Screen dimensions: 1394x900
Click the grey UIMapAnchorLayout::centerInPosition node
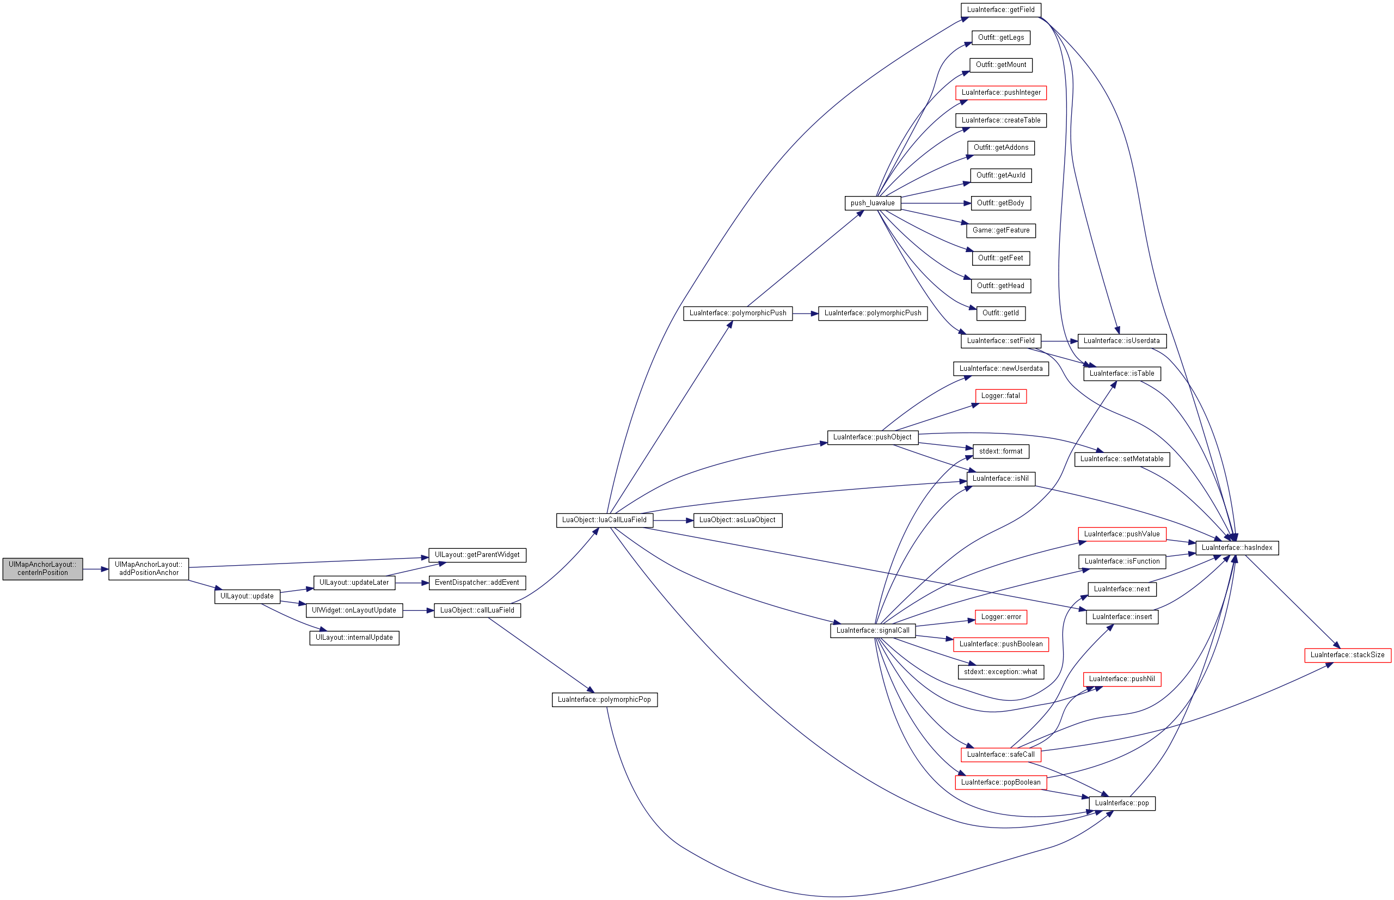point(42,568)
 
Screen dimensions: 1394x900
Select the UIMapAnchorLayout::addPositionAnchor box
point(149,568)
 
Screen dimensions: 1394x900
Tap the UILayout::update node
point(247,596)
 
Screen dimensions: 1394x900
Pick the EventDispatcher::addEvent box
point(477,583)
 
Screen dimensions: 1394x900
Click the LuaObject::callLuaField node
point(477,610)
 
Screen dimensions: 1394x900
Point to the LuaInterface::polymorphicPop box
point(604,700)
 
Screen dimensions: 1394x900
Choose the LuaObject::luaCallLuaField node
point(604,520)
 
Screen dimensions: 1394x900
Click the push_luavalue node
point(873,204)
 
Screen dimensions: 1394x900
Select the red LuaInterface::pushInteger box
point(1001,93)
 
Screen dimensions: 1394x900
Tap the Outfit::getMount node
point(1001,65)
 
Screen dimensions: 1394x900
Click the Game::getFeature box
point(1001,231)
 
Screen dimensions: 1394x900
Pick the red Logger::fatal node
point(1000,396)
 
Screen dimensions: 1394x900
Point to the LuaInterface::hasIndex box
point(1237,548)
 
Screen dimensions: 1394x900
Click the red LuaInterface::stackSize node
point(1347,655)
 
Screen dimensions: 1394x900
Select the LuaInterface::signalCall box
point(873,630)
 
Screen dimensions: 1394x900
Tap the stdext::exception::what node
point(1000,672)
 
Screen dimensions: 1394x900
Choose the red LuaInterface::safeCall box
point(1000,755)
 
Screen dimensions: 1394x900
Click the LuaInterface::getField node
point(1000,10)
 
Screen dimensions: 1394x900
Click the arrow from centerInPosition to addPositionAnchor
point(96,569)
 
